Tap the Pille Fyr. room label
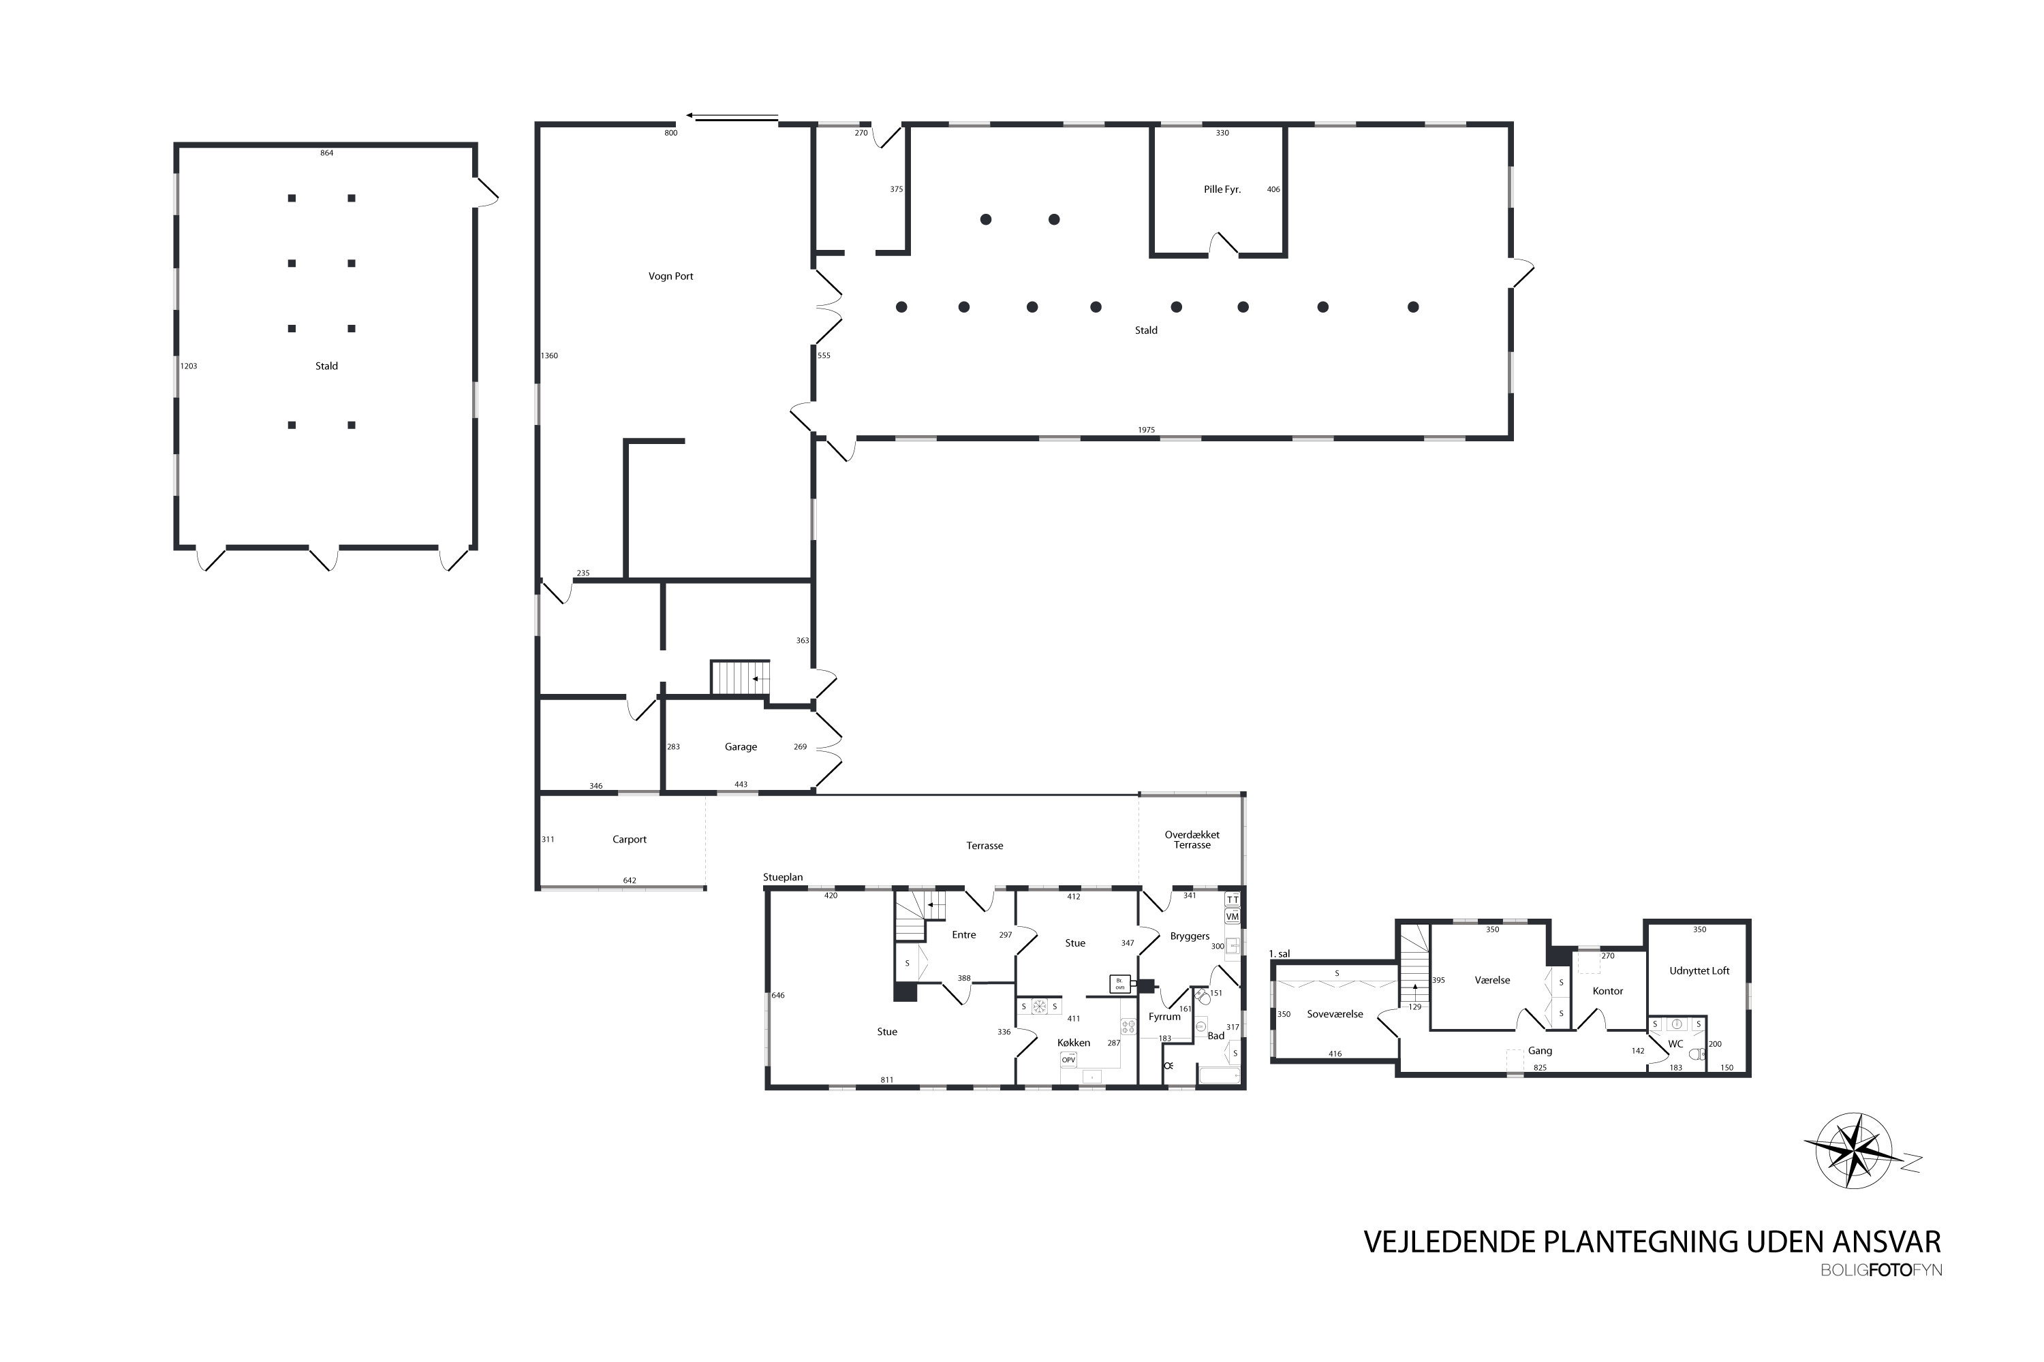pyautogui.click(x=1221, y=189)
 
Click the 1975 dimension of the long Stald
pyautogui.click(x=1145, y=430)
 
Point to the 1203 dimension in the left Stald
pyautogui.click(x=189, y=366)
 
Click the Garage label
pyautogui.click(x=741, y=746)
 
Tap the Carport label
pyautogui.click(x=628, y=839)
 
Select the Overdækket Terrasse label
pyautogui.click(x=1192, y=839)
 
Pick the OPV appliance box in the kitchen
pyautogui.click(x=1068, y=1059)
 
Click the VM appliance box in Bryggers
pyautogui.click(x=1231, y=917)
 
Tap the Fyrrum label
pyautogui.click(x=1164, y=1016)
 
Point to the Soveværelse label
pyautogui.click(x=1334, y=1014)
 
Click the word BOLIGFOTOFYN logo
pyautogui.click(x=1880, y=1270)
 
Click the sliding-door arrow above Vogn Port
pyautogui.click(x=732, y=116)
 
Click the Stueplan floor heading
pyautogui.click(x=782, y=877)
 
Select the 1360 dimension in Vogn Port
pyautogui.click(x=549, y=355)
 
